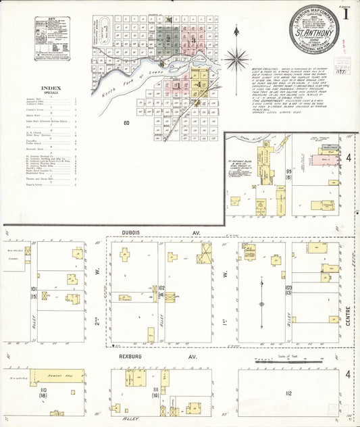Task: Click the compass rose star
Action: pyautogui.click(x=236, y=59)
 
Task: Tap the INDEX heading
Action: pyautogui.click(x=51, y=88)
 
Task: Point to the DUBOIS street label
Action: pyautogui.click(x=135, y=232)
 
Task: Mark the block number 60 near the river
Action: pyautogui.click(x=126, y=122)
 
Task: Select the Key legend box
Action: pyautogui.click(x=55, y=39)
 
